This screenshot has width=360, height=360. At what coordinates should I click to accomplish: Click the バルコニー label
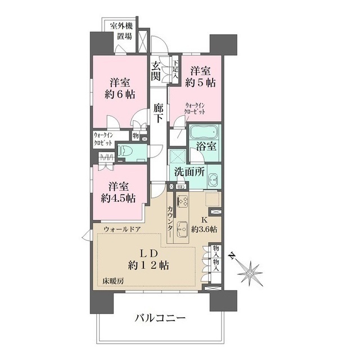pyautogui.click(x=160, y=318)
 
